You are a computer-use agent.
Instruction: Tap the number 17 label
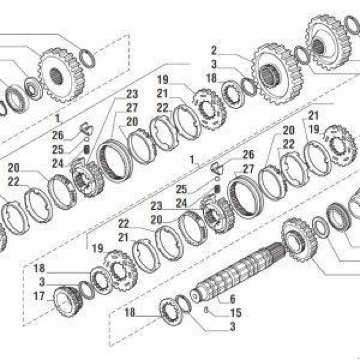(x=39, y=296)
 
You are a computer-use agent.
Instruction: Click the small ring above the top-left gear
(x=87, y=58)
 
